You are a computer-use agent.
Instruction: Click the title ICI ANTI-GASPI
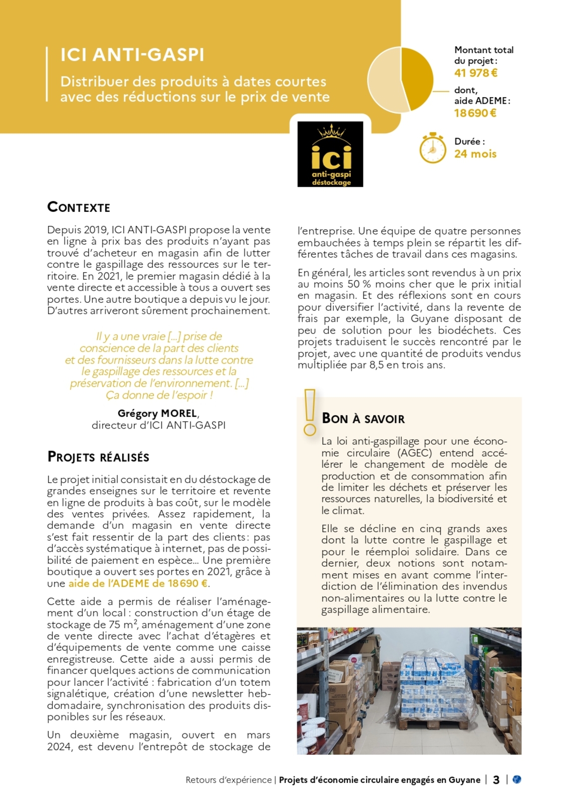132,55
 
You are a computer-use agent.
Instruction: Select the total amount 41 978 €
476,73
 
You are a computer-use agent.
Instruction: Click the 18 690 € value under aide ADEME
475,113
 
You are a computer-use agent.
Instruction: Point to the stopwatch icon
432,148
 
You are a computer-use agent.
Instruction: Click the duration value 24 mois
475,154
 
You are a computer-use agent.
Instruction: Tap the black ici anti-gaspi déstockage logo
330,154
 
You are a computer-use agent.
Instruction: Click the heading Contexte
79,207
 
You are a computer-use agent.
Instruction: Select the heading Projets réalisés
98,457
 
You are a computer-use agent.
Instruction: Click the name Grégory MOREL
157,414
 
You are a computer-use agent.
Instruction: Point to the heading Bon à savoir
363,419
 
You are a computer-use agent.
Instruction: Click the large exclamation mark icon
310,412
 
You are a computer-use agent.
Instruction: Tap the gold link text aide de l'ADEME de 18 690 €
138,584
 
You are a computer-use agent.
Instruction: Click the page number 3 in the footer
496,780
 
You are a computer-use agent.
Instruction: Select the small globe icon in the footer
517,779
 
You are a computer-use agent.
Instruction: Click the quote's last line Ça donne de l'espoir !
159,395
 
